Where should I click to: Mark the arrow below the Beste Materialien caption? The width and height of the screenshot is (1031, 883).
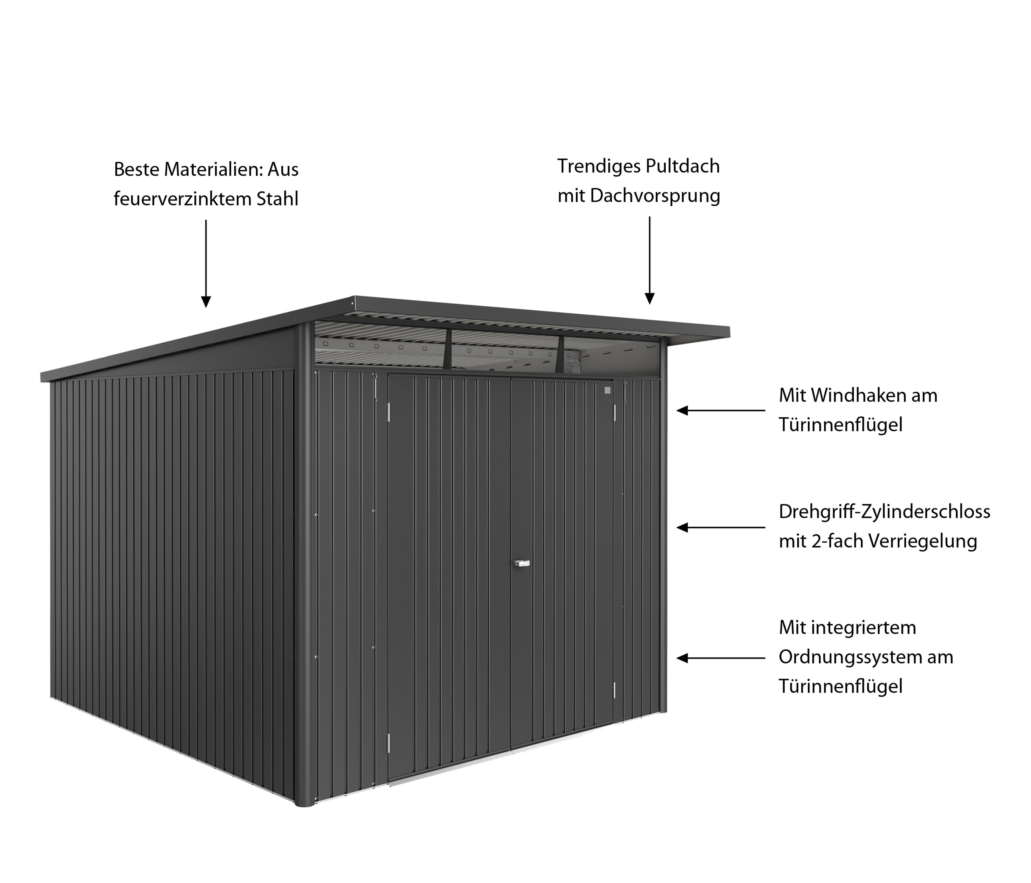coord(206,263)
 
